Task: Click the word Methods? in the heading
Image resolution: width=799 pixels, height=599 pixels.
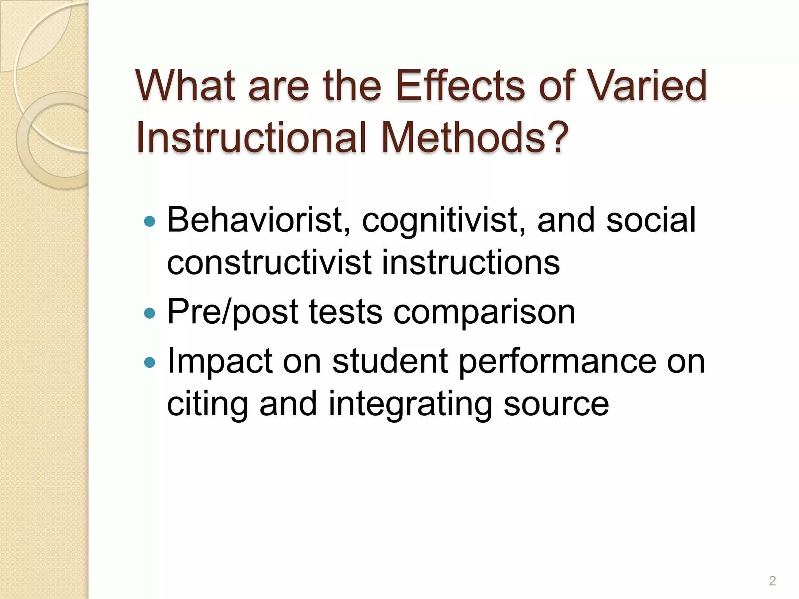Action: pyautogui.click(x=474, y=137)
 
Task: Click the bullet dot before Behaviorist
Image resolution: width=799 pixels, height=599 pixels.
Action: pyautogui.click(x=149, y=222)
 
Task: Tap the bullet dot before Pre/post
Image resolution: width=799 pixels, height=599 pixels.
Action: pyautogui.click(x=149, y=313)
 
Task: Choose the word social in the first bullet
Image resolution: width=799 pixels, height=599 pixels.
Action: pyautogui.click(x=651, y=220)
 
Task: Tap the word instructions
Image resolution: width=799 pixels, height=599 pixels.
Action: pyautogui.click(x=471, y=262)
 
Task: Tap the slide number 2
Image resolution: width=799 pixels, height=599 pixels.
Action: pyautogui.click(x=772, y=581)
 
